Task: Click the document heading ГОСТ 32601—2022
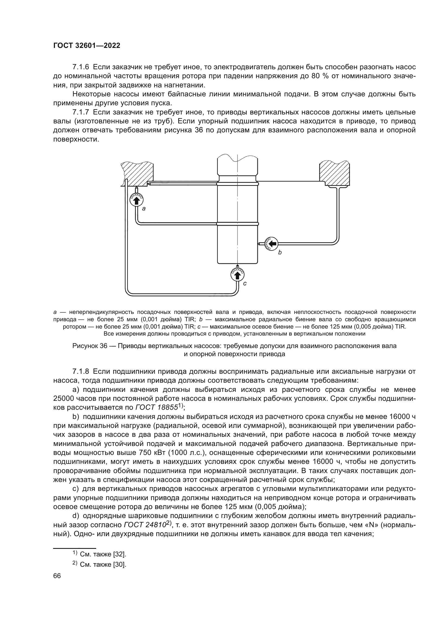coord(87,46)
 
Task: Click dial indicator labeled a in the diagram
coord(136,199)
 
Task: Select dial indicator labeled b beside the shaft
coord(271,244)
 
